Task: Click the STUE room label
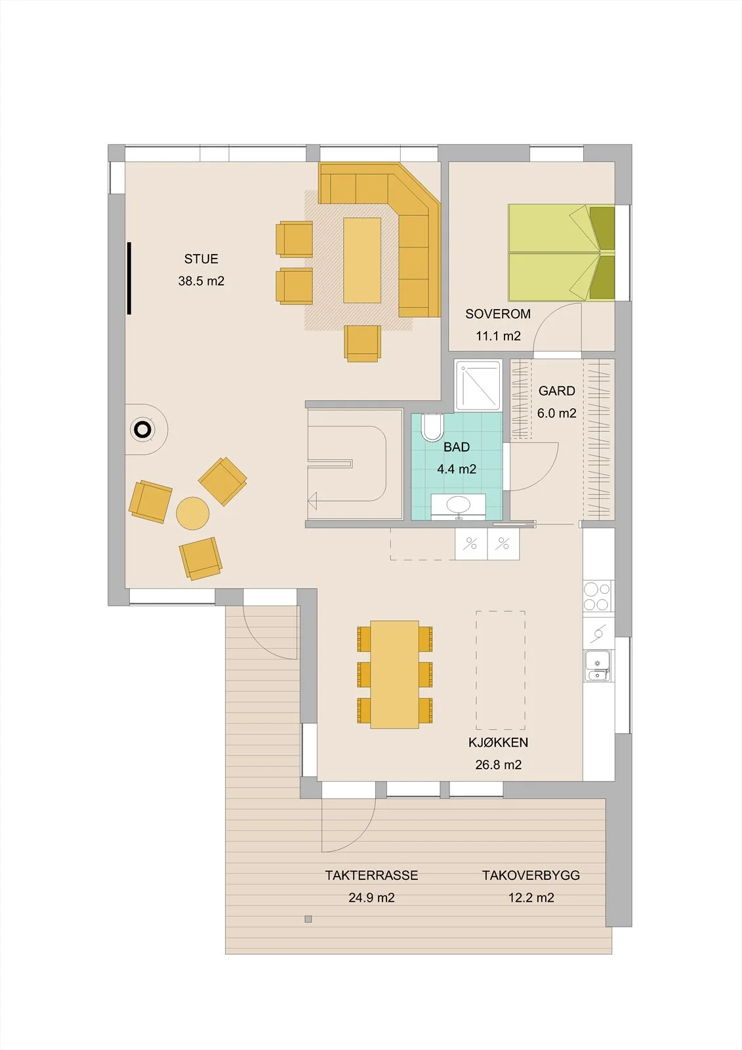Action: click(201, 259)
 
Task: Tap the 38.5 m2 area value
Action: click(201, 282)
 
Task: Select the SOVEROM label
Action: click(498, 314)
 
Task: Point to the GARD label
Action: click(557, 391)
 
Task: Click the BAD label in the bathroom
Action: click(457, 447)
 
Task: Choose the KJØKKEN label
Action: click(498, 742)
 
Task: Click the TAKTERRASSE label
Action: click(372, 875)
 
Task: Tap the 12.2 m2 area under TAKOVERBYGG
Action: click(531, 898)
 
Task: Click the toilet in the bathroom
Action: click(432, 427)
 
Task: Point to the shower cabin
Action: click(478, 385)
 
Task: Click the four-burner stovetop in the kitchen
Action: click(597, 597)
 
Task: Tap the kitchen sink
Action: click(597, 665)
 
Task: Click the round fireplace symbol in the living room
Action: click(142, 429)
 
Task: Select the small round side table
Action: click(193, 513)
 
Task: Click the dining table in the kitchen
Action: click(394, 675)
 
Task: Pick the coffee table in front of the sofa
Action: click(362, 261)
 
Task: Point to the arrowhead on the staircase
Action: click(312, 501)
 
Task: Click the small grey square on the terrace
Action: click(308, 919)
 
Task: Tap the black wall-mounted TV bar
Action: click(129, 278)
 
